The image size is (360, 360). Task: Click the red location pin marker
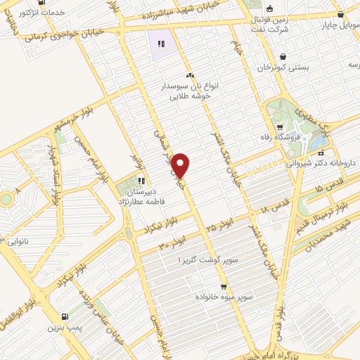coord(181,165)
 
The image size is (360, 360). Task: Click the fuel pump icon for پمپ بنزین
coord(65,318)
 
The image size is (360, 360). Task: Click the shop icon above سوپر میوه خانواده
coord(224,287)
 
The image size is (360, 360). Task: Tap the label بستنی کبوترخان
coord(283,69)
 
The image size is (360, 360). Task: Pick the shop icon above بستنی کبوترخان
coord(283,57)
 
